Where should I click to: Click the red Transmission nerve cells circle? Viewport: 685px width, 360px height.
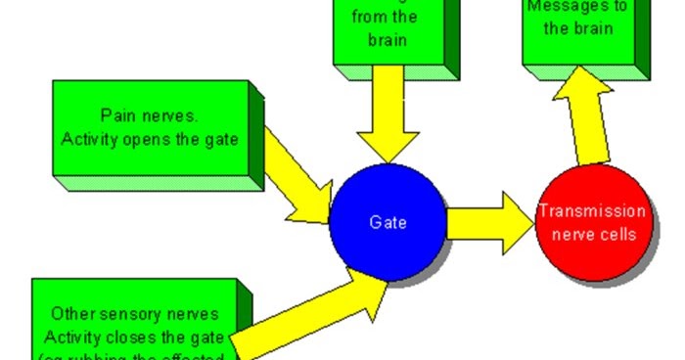pyautogui.click(x=591, y=223)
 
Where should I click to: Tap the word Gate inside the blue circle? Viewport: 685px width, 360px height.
pyautogui.click(x=388, y=221)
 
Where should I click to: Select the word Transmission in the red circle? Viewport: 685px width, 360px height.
pyautogui.click(x=591, y=211)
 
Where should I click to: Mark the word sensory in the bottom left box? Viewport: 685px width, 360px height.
pyautogui.click(x=146, y=315)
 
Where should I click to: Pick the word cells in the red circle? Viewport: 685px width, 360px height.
pyautogui.click(x=616, y=234)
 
